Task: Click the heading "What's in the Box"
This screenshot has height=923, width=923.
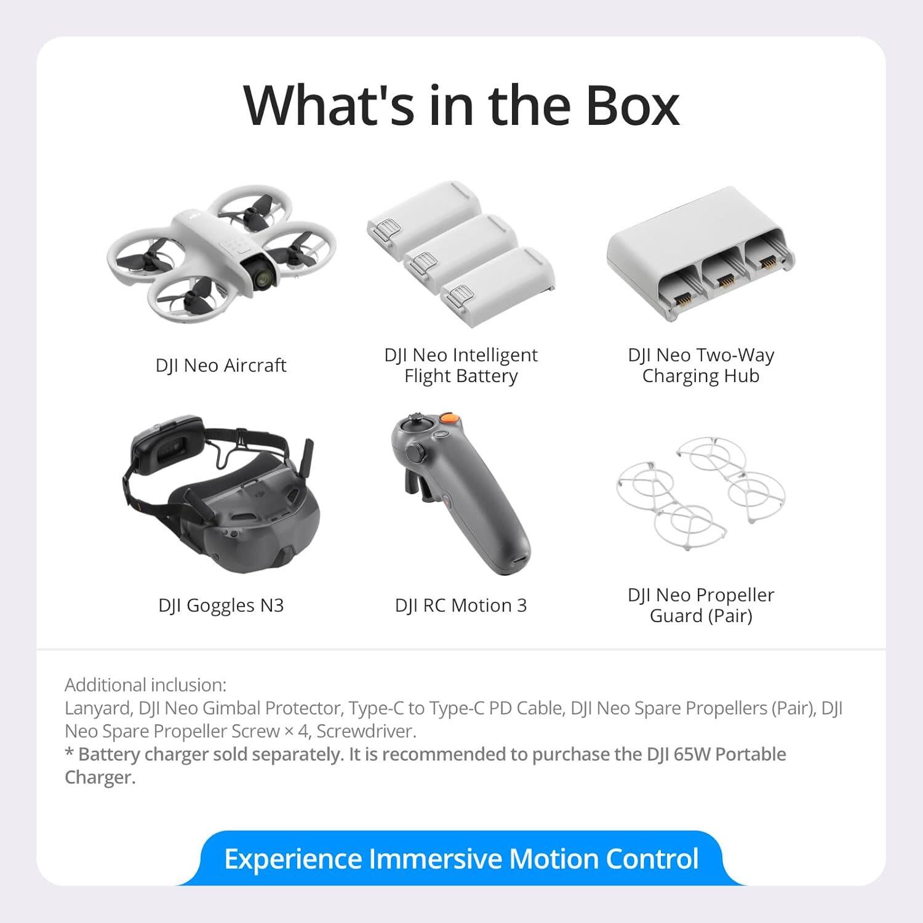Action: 461,105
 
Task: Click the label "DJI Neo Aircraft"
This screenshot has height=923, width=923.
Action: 221,366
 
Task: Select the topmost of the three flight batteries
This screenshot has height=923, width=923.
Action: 425,209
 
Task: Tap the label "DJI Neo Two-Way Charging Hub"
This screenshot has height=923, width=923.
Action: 701,366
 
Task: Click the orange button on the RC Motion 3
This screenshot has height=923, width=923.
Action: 450,418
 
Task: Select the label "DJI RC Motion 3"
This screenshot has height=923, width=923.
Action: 461,605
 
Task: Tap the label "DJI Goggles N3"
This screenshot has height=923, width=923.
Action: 221,605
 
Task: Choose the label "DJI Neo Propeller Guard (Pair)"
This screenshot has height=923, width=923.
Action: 701,605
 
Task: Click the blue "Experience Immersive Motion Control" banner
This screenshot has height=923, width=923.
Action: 461,859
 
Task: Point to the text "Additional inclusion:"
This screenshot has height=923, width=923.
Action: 145,685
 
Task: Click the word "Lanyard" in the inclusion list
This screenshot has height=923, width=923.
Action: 97,708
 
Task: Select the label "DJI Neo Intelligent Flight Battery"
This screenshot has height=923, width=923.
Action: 461,366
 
